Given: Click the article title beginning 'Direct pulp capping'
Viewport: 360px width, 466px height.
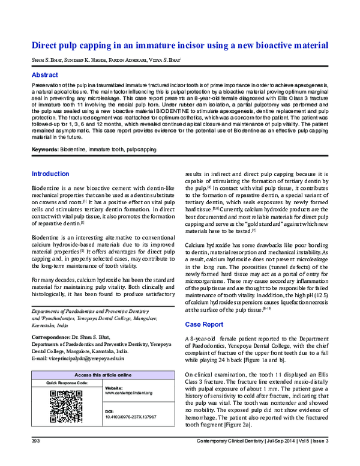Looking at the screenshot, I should click(x=179, y=45).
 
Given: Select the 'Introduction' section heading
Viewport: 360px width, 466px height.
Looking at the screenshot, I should click(x=50, y=174).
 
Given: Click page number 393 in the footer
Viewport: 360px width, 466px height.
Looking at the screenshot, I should click(x=35, y=458).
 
